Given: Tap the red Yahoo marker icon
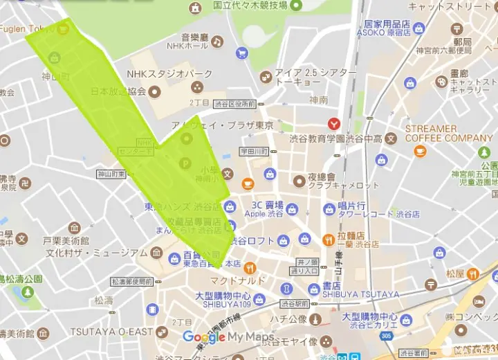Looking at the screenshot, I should point(334,124).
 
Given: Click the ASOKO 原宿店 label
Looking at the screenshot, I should point(384,32).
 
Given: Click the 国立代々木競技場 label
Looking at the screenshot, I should point(250,6).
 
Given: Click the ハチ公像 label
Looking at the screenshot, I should point(288,318).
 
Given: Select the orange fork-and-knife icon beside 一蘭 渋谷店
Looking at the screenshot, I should point(329,240).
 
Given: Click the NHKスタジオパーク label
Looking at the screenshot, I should point(169,74).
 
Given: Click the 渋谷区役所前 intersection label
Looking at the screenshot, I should point(234,105).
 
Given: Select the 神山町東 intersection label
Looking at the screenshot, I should point(111,174).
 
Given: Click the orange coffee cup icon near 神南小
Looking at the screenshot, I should point(248,183).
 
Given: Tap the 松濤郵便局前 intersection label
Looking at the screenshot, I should point(131,282).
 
